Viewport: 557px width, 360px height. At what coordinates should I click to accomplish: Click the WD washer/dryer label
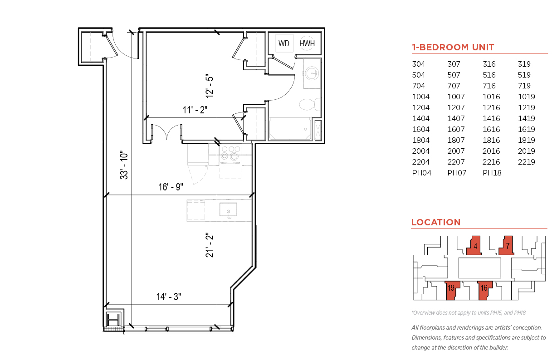[x=284, y=44]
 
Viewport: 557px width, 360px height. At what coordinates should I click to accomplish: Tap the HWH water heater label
[x=307, y=44]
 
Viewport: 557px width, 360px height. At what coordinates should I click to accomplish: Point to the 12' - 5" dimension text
[x=210, y=86]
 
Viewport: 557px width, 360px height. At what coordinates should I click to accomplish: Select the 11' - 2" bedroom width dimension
[x=195, y=110]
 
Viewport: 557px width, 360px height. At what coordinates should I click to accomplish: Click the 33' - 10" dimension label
[x=124, y=165]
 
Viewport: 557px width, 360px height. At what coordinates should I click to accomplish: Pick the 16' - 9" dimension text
[x=171, y=187]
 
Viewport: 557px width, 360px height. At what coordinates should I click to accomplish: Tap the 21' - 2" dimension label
[x=210, y=245]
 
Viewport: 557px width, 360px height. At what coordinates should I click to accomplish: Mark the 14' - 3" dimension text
[x=169, y=297]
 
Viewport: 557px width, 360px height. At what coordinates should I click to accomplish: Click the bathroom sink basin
[x=312, y=73]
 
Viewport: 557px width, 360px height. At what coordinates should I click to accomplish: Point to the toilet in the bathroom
[x=310, y=104]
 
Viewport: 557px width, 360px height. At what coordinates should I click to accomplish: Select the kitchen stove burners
[x=230, y=153]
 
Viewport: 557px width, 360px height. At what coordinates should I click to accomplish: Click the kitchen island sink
[x=228, y=209]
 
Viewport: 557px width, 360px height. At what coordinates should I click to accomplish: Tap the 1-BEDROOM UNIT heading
[x=453, y=47]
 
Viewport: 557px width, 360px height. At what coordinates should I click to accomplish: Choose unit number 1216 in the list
[x=491, y=107]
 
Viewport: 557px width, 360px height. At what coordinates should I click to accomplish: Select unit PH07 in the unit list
[x=457, y=173]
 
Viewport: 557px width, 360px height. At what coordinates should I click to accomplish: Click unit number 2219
[x=526, y=162]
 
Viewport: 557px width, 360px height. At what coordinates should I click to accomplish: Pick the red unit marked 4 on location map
[x=474, y=246]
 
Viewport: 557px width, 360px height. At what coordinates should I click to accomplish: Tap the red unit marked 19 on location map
[x=452, y=290]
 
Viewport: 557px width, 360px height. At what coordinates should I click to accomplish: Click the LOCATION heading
[x=436, y=222]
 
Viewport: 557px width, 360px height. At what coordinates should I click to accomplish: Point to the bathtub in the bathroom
[x=290, y=129]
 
